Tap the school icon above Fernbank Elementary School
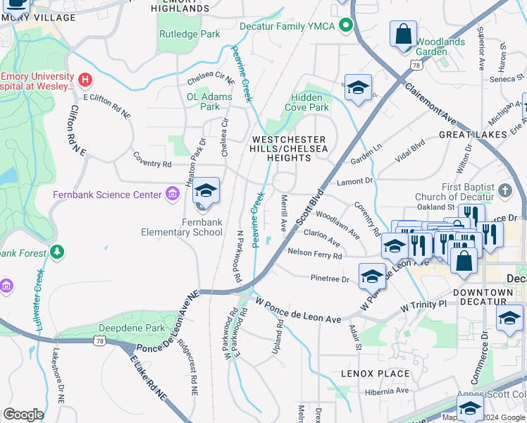click(x=206, y=191)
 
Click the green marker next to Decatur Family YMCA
click(x=345, y=26)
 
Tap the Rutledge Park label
click(x=190, y=34)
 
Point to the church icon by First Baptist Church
click(x=504, y=190)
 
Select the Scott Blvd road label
click(x=310, y=207)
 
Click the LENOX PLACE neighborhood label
click(x=375, y=374)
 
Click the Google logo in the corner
click(x=23, y=415)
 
